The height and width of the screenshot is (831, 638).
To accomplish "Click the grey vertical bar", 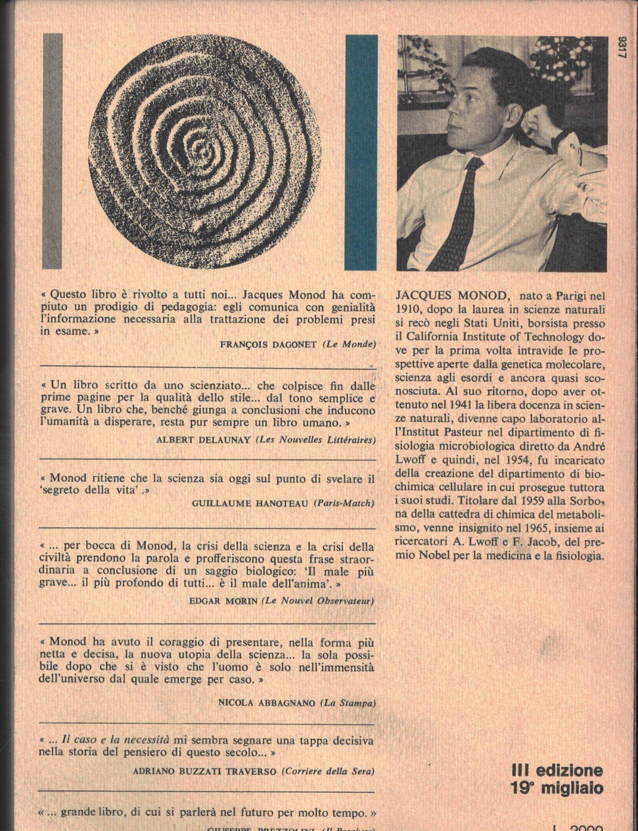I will tap(52, 152).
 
